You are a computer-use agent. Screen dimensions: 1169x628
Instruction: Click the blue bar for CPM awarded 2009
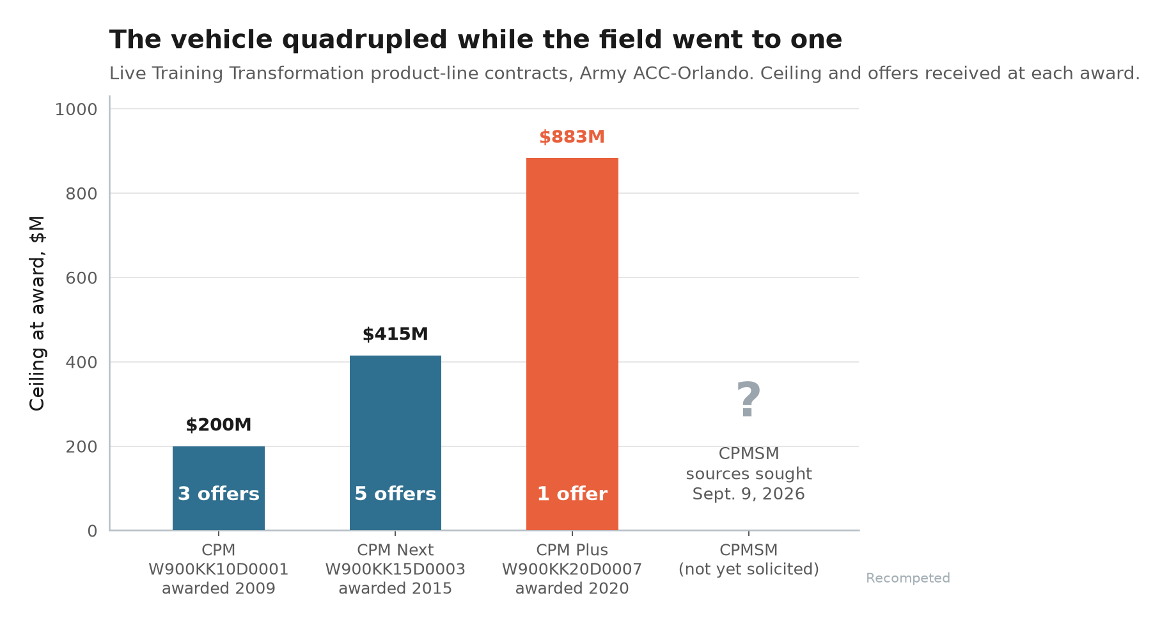pos(219,488)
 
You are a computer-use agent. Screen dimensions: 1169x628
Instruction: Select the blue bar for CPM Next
pos(395,443)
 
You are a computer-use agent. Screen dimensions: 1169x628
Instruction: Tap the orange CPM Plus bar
pos(572,344)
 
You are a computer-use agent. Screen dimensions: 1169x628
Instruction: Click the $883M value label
pos(572,137)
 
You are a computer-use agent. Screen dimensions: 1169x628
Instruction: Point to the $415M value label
pos(395,334)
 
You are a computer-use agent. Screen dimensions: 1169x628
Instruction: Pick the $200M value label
pos(219,425)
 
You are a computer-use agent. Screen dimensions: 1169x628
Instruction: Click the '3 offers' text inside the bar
pos(219,494)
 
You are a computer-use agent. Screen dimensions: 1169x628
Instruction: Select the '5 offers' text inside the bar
pos(395,494)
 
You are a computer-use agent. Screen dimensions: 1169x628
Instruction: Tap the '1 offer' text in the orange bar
pos(572,494)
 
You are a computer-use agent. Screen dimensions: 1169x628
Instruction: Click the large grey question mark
pos(748,400)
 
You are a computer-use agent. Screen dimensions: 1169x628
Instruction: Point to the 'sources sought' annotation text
pos(749,474)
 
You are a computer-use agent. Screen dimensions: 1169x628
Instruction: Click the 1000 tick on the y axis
pos(76,109)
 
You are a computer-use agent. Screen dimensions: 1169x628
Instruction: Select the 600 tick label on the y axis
pos(82,278)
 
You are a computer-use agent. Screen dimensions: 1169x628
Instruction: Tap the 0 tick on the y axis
pos(93,531)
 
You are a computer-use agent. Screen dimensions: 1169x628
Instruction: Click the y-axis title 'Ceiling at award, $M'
pos(38,313)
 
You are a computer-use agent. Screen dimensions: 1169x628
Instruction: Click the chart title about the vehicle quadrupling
pos(476,40)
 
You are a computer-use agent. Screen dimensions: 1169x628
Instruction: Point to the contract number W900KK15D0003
pos(395,569)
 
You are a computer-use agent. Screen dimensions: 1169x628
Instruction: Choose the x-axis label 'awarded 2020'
pos(572,588)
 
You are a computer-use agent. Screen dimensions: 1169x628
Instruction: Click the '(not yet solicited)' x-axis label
pos(749,569)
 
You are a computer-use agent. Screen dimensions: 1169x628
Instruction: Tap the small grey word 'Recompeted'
pos(908,578)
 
